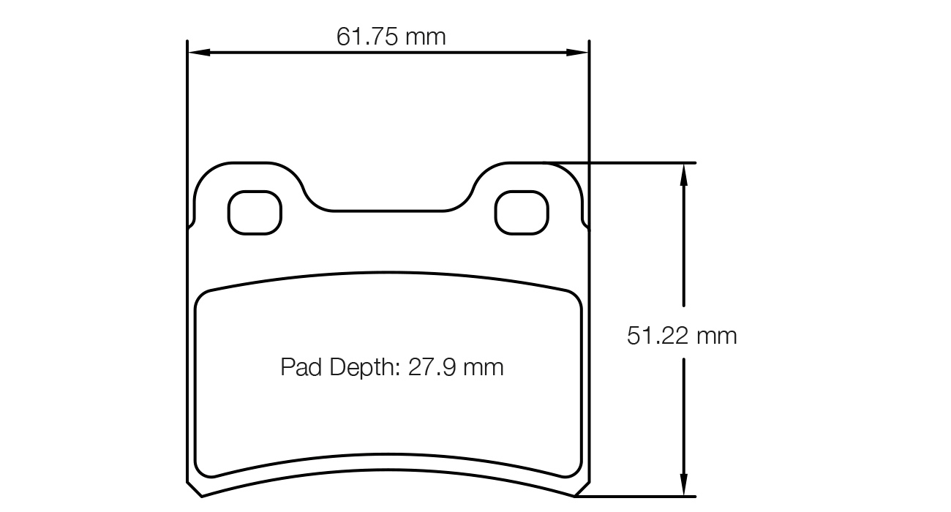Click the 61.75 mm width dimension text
coord(391,37)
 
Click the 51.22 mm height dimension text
coord(682,336)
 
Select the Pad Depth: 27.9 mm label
coord(392,366)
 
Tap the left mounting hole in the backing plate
coord(255,213)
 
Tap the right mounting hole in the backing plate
coord(522,213)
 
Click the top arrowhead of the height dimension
coord(683,172)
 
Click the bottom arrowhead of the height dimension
coord(683,487)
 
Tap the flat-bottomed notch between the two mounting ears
coord(388,211)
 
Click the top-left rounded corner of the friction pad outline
coord(202,295)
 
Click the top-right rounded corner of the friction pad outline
coord(575,295)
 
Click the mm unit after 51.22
coord(716,336)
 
